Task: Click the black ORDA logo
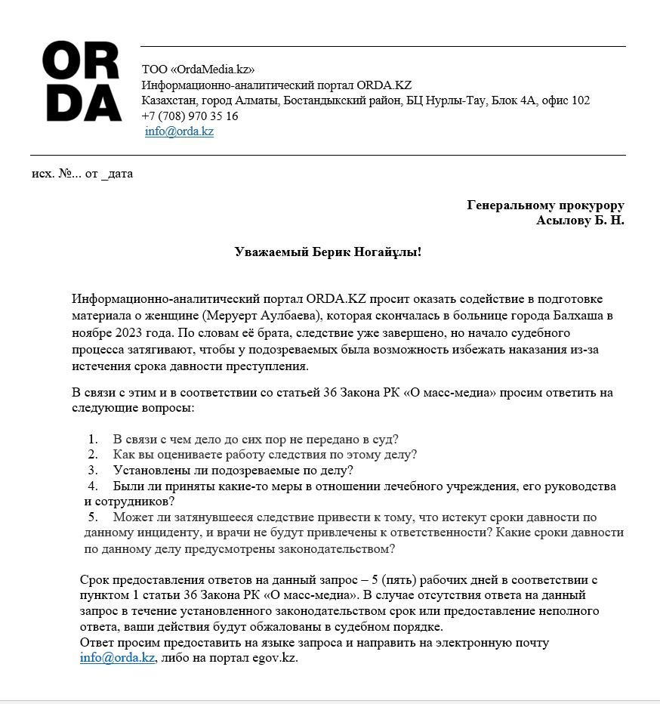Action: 82,81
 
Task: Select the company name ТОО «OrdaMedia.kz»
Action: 198,69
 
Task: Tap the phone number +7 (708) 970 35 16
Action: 190,116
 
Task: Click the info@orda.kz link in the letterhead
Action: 180,131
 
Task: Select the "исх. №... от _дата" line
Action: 82,174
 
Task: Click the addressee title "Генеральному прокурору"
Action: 545,205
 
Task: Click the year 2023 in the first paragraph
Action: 123,332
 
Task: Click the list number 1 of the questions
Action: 93,439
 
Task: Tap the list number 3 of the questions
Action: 93,471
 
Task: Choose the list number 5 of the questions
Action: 93,517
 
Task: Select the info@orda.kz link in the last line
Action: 117,658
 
